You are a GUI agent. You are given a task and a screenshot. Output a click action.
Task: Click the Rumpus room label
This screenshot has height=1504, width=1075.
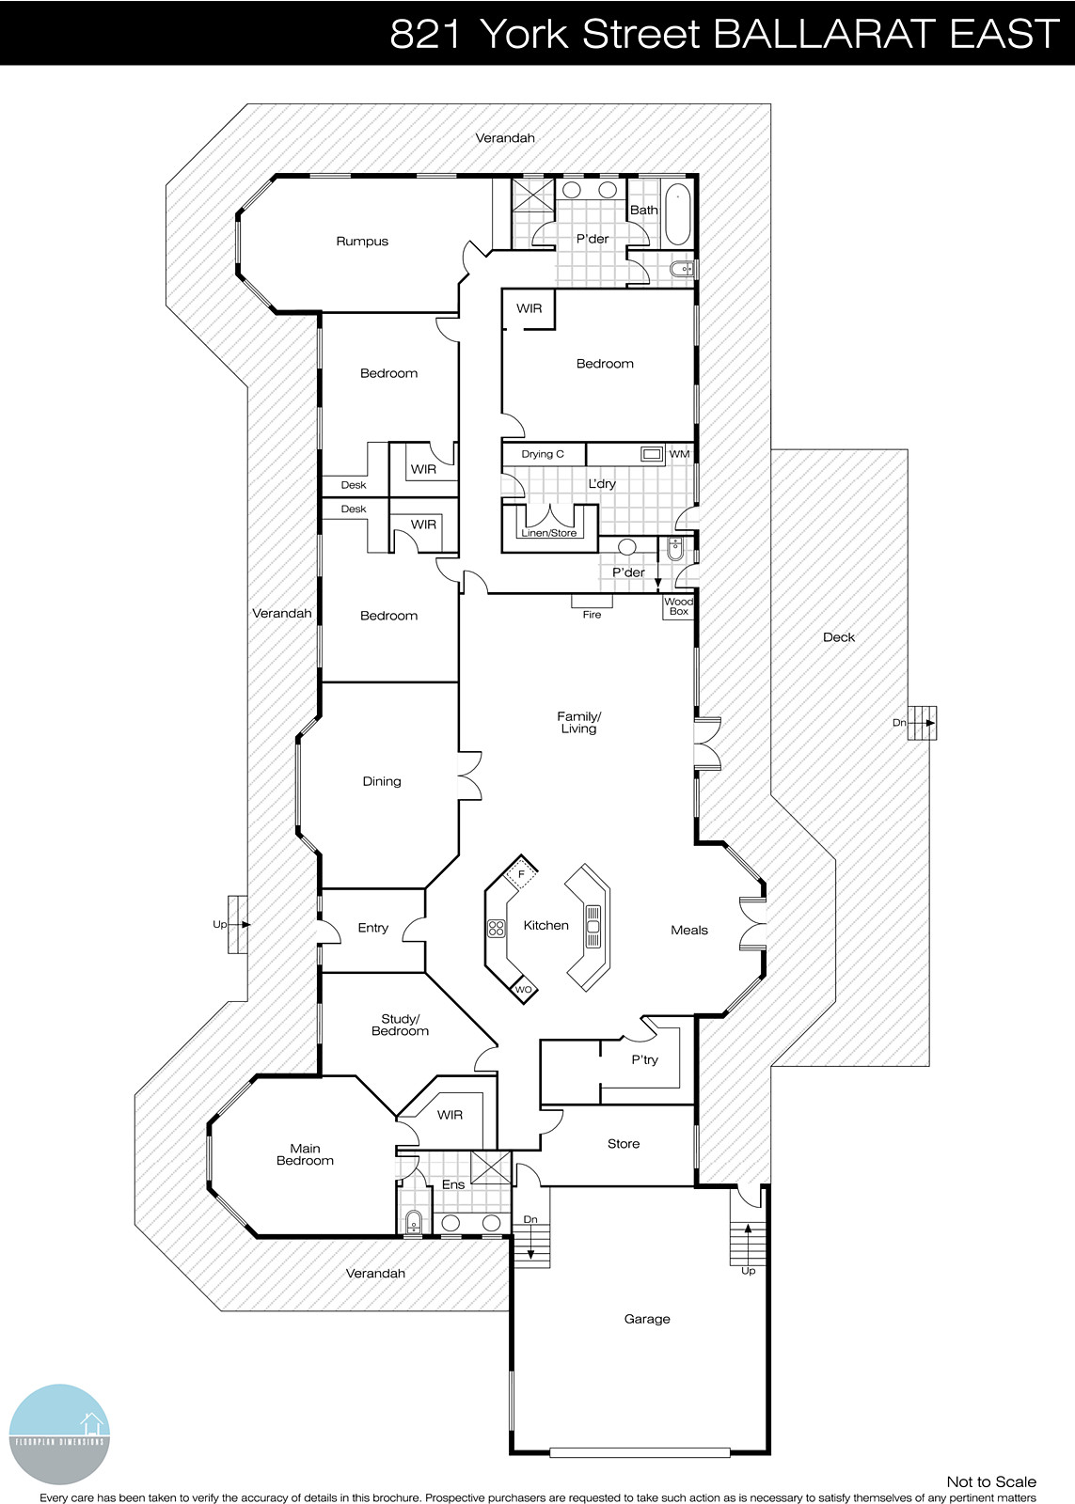362,242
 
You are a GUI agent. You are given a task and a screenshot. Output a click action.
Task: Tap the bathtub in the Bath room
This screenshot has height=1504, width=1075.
677,215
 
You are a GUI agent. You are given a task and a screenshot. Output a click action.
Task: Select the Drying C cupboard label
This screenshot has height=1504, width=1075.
543,454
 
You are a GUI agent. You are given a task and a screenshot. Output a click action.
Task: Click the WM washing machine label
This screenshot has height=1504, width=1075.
679,454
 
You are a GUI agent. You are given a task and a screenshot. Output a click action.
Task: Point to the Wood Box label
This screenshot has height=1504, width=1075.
678,606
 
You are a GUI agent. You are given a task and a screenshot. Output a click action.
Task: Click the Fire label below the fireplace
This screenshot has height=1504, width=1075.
592,615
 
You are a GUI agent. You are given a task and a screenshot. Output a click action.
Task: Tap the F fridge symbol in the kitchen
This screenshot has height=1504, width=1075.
520,874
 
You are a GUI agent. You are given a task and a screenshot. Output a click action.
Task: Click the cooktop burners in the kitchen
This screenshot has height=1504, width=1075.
496,929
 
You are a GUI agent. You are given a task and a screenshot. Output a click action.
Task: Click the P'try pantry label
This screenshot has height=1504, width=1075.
644,1059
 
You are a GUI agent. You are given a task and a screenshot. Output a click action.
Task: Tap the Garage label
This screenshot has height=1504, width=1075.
647,1319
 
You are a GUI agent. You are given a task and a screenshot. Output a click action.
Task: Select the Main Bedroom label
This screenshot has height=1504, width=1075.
305,1154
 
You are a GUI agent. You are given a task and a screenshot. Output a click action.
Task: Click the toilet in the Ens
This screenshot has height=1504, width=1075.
413,1223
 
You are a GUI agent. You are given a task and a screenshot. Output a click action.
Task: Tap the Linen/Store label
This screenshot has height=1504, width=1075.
549,533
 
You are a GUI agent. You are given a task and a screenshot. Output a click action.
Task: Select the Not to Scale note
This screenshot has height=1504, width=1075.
990,1481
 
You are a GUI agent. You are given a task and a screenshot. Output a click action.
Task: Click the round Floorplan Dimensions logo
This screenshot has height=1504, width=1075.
59,1434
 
